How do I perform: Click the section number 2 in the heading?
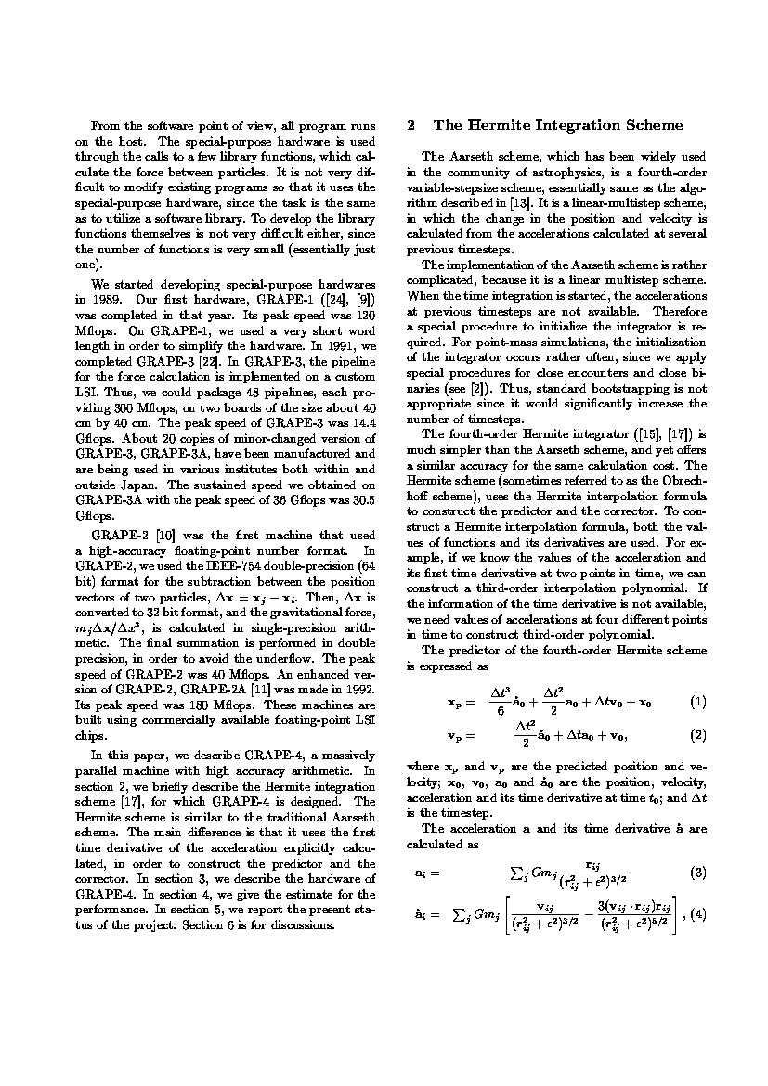(411, 125)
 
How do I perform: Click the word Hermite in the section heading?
(495, 125)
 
